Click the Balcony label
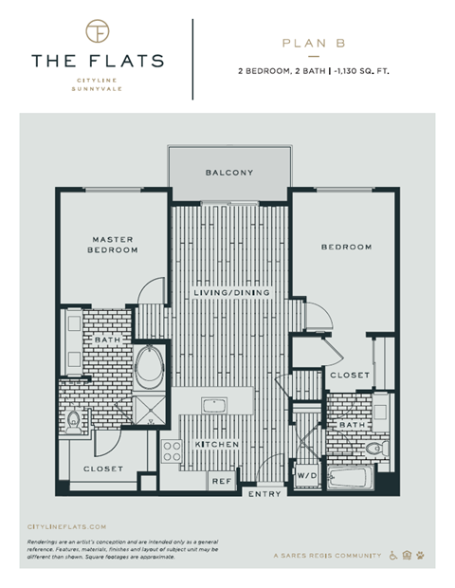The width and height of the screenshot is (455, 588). (228, 173)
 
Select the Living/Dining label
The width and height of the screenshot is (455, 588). (231, 293)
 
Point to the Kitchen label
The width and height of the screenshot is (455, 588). (216, 445)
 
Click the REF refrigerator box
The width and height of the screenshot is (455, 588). (221, 481)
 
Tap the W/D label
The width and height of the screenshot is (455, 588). (307, 475)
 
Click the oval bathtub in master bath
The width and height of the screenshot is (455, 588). (151, 368)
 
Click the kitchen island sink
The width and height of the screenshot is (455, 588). (214, 406)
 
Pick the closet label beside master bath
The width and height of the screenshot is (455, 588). (103, 469)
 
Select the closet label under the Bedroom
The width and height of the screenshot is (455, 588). (349, 376)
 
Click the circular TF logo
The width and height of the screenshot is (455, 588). (97, 30)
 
